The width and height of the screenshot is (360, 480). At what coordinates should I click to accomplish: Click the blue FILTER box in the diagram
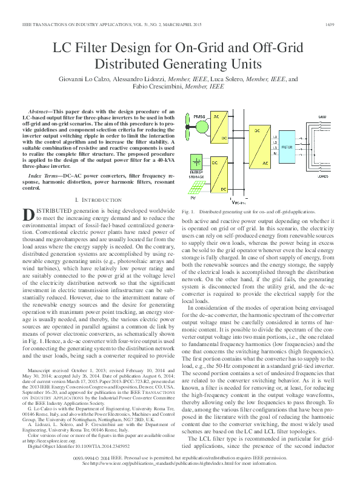[287, 147]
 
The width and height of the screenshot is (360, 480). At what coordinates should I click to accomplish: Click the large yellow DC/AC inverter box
[258, 147]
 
